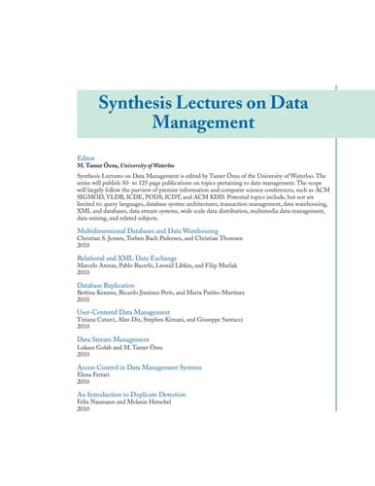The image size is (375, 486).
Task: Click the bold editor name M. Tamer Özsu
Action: click(x=99, y=163)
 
